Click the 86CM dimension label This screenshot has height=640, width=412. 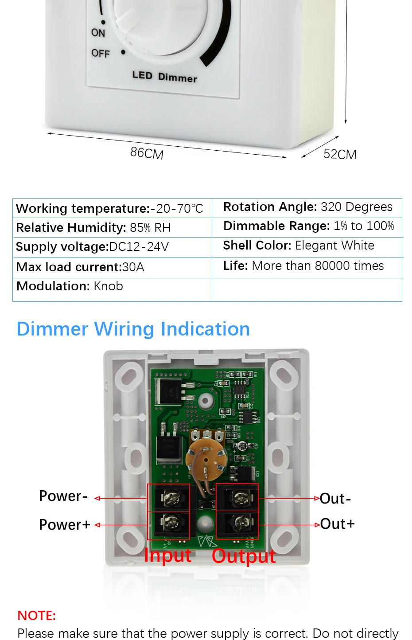[x=147, y=153]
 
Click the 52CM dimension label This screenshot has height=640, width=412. [x=340, y=154]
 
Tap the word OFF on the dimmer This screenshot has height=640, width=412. [x=101, y=54]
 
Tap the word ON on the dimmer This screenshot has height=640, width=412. [x=98, y=33]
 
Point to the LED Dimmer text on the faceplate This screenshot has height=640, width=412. [x=164, y=77]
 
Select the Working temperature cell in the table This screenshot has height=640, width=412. [x=109, y=208]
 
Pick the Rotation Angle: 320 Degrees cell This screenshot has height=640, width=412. [x=307, y=207]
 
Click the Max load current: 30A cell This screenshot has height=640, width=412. [x=80, y=267]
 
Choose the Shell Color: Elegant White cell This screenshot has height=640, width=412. [x=299, y=246]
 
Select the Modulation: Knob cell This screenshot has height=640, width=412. [x=70, y=286]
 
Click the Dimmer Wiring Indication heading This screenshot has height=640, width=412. [x=133, y=329]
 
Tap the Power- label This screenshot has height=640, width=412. [x=63, y=496]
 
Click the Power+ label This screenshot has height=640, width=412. [x=65, y=525]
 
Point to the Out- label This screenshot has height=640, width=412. [x=335, y=499]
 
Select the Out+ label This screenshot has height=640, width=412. [x=338, y=524]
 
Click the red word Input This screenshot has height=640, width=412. [x=168, y=555]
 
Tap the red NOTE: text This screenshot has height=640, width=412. [x=37, y=616]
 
